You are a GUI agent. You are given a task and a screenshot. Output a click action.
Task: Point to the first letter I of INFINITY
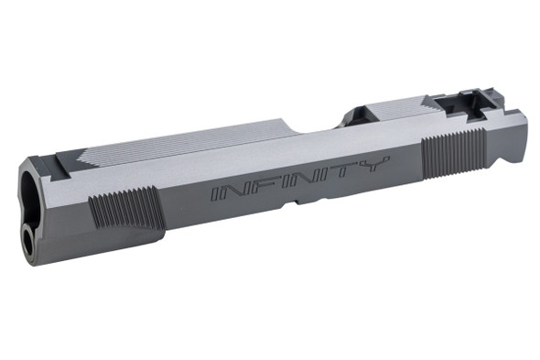point(216,194)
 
